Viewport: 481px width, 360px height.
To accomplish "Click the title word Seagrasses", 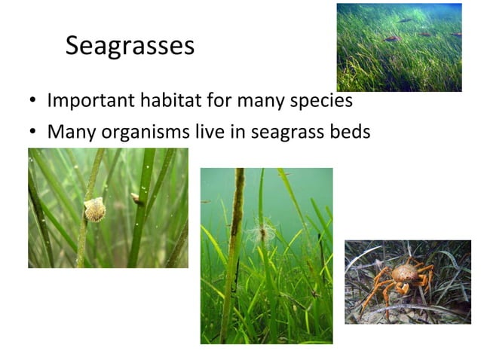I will (x=130, y=46).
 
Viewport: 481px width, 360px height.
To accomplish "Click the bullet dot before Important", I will (x=33, y=102).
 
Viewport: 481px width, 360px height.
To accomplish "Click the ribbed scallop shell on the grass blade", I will (x=95, y=209).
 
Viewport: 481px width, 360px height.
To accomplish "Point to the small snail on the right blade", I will (x=136, y=199).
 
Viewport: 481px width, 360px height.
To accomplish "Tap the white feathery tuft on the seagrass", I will (x=261, y=230).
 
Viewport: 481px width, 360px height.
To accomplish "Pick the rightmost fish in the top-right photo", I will (x=455, y=34).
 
